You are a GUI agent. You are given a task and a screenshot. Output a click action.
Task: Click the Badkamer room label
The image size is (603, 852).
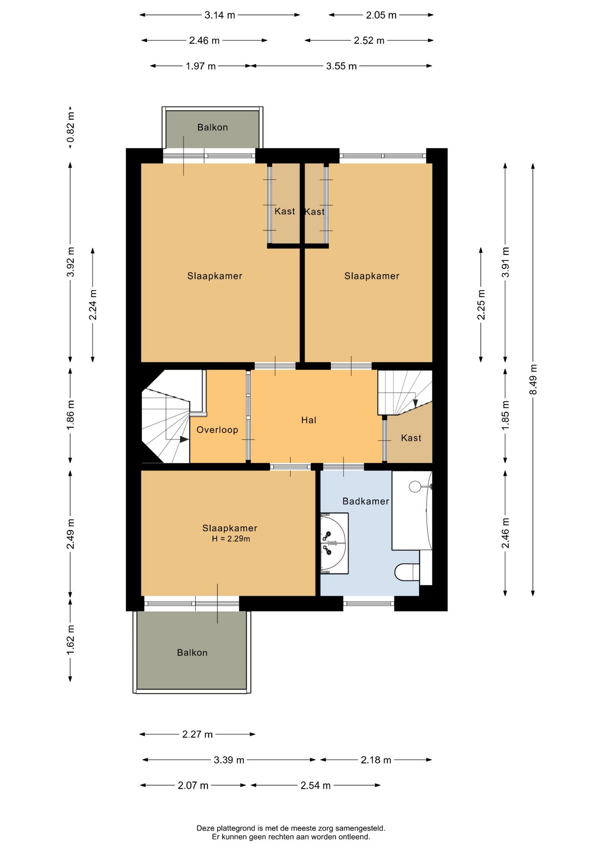[365, 501]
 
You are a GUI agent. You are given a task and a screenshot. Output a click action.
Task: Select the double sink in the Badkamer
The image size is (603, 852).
[334, 543]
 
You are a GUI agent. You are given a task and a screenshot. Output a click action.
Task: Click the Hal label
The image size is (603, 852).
[309, 420]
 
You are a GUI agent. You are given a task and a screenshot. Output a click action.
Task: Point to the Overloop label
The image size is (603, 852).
[217, 430]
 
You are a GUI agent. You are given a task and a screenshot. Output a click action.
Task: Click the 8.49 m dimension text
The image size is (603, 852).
[533, 379]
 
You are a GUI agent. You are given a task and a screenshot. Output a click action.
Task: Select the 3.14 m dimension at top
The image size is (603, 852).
[219, 15]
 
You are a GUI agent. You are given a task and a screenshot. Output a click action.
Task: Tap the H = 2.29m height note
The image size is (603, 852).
[231, 539]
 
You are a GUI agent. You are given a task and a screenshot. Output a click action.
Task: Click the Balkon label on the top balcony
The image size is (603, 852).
[212, 127]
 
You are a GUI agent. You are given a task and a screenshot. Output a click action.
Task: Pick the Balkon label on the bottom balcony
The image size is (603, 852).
[192, 652]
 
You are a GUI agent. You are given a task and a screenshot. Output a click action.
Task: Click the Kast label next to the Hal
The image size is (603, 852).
[411, 438]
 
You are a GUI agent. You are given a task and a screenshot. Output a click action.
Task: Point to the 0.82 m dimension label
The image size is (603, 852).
[70, 130]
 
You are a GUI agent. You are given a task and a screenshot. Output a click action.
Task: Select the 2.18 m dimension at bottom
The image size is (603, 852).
[376, 760]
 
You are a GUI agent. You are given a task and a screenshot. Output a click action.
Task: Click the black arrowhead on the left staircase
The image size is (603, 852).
[184, 439]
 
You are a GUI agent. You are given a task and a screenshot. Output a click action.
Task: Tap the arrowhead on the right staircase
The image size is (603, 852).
[415, 403]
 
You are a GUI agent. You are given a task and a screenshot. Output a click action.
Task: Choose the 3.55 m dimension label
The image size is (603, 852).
[341, 66]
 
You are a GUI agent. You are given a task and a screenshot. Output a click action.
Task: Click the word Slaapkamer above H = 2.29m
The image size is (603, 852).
[230, 528]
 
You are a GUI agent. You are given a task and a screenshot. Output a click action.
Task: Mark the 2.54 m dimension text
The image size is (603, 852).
[315, 785]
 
